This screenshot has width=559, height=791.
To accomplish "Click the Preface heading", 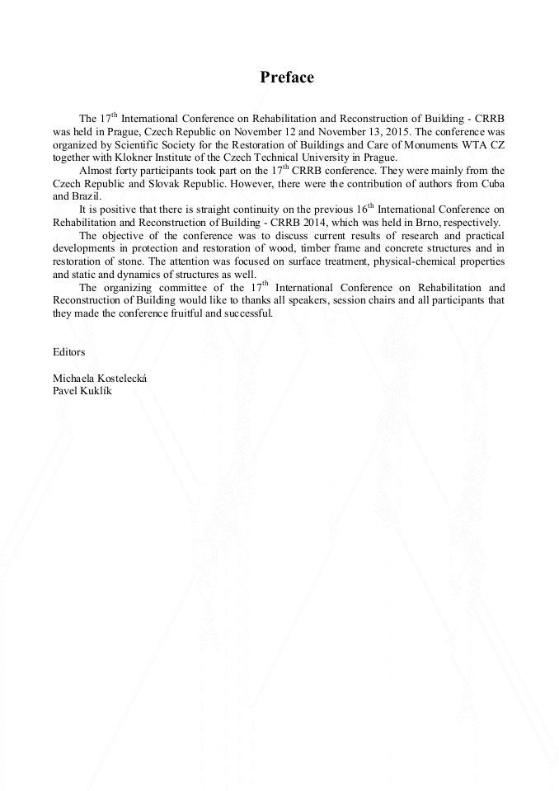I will point(287,78).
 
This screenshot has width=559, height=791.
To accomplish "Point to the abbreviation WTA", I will point(472,144).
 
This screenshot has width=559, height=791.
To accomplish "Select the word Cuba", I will point(491,183).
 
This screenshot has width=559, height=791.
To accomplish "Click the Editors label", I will point(68,351).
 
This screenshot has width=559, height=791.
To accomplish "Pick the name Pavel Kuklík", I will point(82,390).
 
